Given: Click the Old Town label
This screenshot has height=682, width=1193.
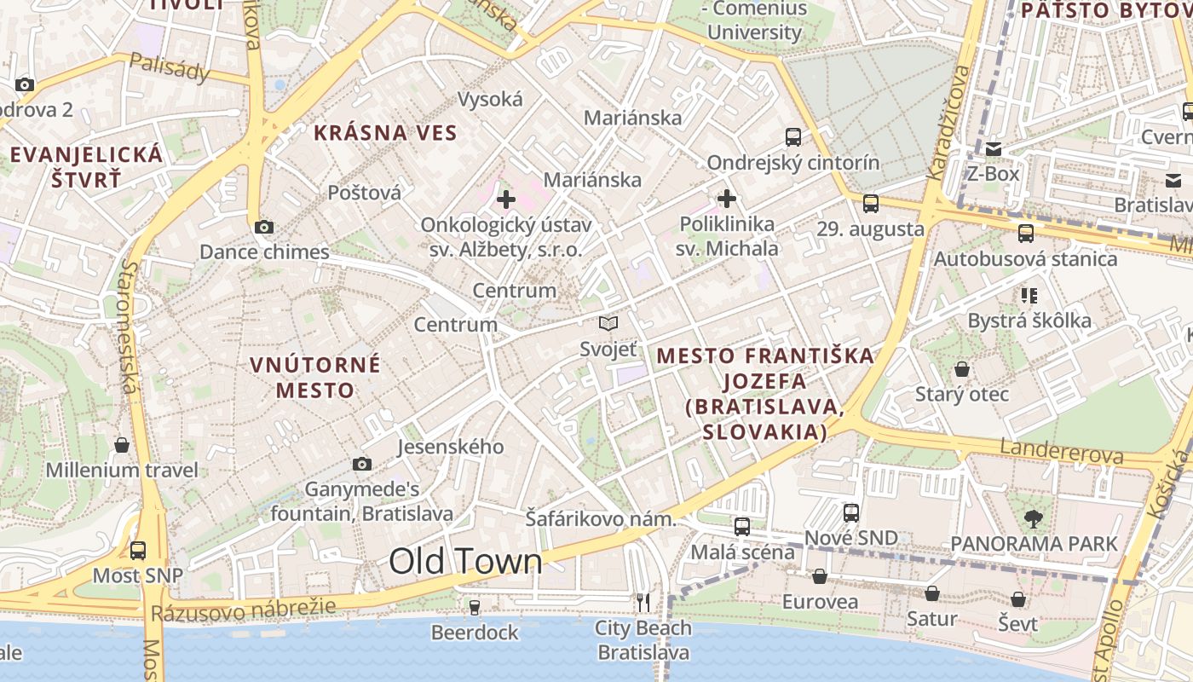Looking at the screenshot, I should point(465,562).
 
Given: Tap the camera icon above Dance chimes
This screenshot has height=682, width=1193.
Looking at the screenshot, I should point(264,227).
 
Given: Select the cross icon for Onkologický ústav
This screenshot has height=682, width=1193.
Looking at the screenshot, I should point(506,199).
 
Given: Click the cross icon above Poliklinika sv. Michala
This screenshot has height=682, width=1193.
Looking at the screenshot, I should point(727,199).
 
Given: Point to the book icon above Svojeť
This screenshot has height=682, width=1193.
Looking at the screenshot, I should point(608,323).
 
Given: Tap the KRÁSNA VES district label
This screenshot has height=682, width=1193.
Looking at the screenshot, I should point(385,133).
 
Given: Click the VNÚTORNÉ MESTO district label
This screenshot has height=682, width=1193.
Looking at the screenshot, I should point(315,377).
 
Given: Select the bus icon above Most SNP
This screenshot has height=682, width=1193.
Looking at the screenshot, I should point(138,550).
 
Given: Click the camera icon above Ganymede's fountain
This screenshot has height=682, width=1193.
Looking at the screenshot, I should point(362,464).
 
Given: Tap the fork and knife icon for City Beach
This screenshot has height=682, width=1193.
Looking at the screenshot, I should point(643,603).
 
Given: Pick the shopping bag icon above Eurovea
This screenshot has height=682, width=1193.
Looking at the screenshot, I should point(820,576).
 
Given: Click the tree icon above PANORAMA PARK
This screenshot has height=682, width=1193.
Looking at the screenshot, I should point(1034,517).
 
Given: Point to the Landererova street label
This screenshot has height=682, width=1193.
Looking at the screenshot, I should point(1062,452).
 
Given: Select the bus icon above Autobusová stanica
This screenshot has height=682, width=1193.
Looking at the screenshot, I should point(1026,233).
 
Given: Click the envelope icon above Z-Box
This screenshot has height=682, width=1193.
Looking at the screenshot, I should point(994,149).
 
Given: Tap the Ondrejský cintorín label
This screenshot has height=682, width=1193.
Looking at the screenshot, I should point(793,162).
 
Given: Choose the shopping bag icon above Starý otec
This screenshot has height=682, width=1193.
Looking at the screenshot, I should point(962,369).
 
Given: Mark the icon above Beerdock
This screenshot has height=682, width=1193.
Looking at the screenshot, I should point(475,607).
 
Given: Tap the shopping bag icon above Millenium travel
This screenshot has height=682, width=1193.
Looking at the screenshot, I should point(122,445).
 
